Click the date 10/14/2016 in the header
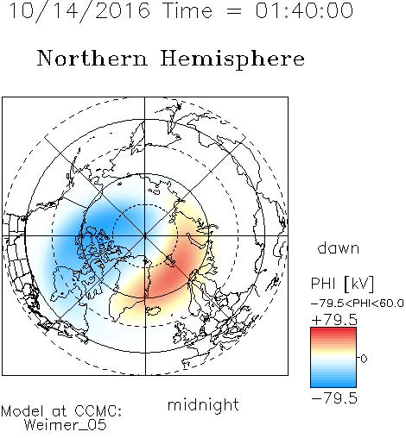tap(79, 11)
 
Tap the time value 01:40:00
tap(304, 10)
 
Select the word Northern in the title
tap(92, 58)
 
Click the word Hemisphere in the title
tap(232, 59)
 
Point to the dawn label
tap(339, 247)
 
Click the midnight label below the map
tap(203, 405)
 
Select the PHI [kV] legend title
tap(342, 284)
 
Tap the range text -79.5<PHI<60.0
tap(357, 303)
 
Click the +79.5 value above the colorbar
tap(334, 320)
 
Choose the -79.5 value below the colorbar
tap(334, 398)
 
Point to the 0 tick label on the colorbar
tap(364, 359)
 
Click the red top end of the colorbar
tap(333, 329)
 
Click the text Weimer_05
tap(66, 425)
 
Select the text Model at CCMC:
tap(61, 411)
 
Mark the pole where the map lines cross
tap(145, 235)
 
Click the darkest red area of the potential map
tap(170, 276)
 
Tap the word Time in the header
tap(187, 10)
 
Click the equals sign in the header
tap(234, 11)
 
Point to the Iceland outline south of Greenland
tap(153, 310)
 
